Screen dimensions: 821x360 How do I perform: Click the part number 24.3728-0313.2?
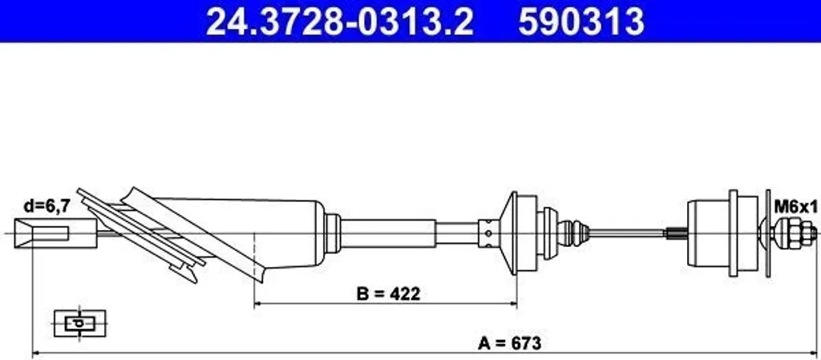point(340,22)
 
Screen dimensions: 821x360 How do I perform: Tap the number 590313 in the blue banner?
point(581,22)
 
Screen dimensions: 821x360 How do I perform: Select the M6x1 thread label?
point(795,207)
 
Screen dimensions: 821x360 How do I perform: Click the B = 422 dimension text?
point(389,294)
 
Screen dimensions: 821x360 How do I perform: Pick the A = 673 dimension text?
point(509,344)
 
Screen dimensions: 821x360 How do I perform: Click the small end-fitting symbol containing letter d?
point(80,324)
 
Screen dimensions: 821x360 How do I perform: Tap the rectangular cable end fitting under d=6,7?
point(55,233)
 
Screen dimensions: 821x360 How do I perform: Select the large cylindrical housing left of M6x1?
point(709,233)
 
